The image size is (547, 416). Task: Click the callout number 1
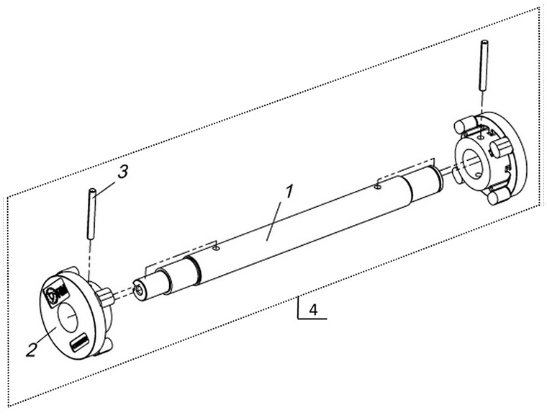290,192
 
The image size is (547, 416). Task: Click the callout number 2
32,349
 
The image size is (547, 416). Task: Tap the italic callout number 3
122,172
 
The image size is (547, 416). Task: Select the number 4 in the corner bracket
314,310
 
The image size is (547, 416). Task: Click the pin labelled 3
91,213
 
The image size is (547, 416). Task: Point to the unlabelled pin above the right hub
484,65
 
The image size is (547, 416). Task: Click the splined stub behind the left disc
107,295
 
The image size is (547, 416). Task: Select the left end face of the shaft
139,290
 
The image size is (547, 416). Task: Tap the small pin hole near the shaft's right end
376,187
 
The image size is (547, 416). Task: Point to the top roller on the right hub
464,125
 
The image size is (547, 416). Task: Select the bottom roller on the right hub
497,197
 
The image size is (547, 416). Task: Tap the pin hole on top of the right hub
481,137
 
